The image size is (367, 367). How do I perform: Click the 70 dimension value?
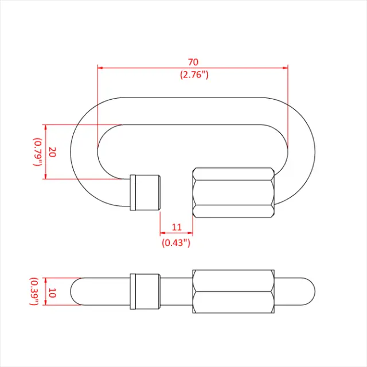pyautogui.click(x=193, y=61)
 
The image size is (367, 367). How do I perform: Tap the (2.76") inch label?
pyautogui.click(x=193, y=75)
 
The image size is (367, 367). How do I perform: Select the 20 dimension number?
pyautogui.click(x=52, y=152)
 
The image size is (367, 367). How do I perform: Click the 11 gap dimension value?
pyautogui.click(x=176, y=228)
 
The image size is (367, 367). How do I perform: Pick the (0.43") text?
pyautogui.click(x=176, y=242)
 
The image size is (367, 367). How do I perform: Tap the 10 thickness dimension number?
pyautogui.click(x=52, y=292)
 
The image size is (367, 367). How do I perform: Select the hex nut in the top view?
pyautogui.click(x=233, y=193)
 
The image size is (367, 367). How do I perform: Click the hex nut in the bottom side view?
pyautogui.click(x=233, y=292)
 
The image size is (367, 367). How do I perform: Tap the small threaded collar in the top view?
pyautogui.click(x=146, y=192)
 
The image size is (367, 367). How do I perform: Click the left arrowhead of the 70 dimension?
pyautogui.click(x=101, y=68)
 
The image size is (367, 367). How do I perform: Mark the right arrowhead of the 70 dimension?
pyautogui.click(x=285, y=68)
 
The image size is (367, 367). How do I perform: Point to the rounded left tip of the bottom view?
pyautogui.click(x=73, y=292)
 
